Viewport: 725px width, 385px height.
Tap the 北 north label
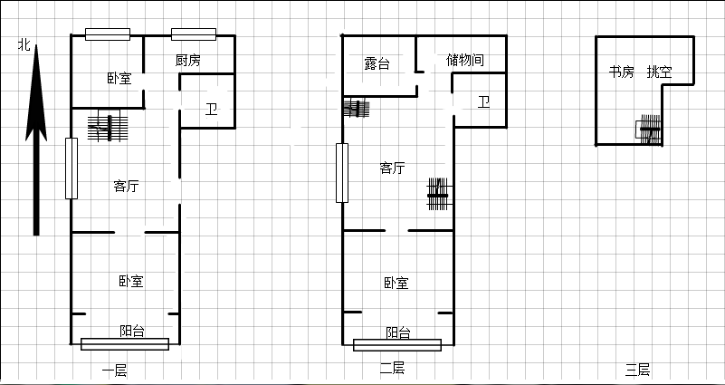(x=24, y=45)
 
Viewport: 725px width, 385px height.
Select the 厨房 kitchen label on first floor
(x=188, y=60)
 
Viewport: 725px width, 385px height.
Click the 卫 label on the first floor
(x=211, y=111)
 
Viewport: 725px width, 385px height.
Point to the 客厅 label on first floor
(x=126, y=186)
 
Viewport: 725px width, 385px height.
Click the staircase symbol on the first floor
(x=108, y=127)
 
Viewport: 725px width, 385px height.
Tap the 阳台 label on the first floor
(x=132, y=332)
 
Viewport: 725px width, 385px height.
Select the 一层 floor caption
(x=114, y=371)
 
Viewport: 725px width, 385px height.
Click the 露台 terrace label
(x=377, y=63)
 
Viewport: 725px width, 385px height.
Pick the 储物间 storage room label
(x=465, y=60)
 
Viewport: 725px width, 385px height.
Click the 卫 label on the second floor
(x=483, y=101)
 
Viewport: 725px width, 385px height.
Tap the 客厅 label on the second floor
(x=392, y=168)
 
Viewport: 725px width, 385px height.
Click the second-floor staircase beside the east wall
(x=438, y=195)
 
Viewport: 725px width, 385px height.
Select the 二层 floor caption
(x=392, y=369)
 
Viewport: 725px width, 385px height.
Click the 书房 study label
(x=621, y=72)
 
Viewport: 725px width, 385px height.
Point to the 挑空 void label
(x=659, y=72)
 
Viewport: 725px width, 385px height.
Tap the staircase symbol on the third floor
(x=649, y=129)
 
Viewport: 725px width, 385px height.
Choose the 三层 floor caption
(x=637, y=370)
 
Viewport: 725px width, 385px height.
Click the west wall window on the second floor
(x=342, y=173)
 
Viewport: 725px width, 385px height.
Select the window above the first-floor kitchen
(x=194, y=34)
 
